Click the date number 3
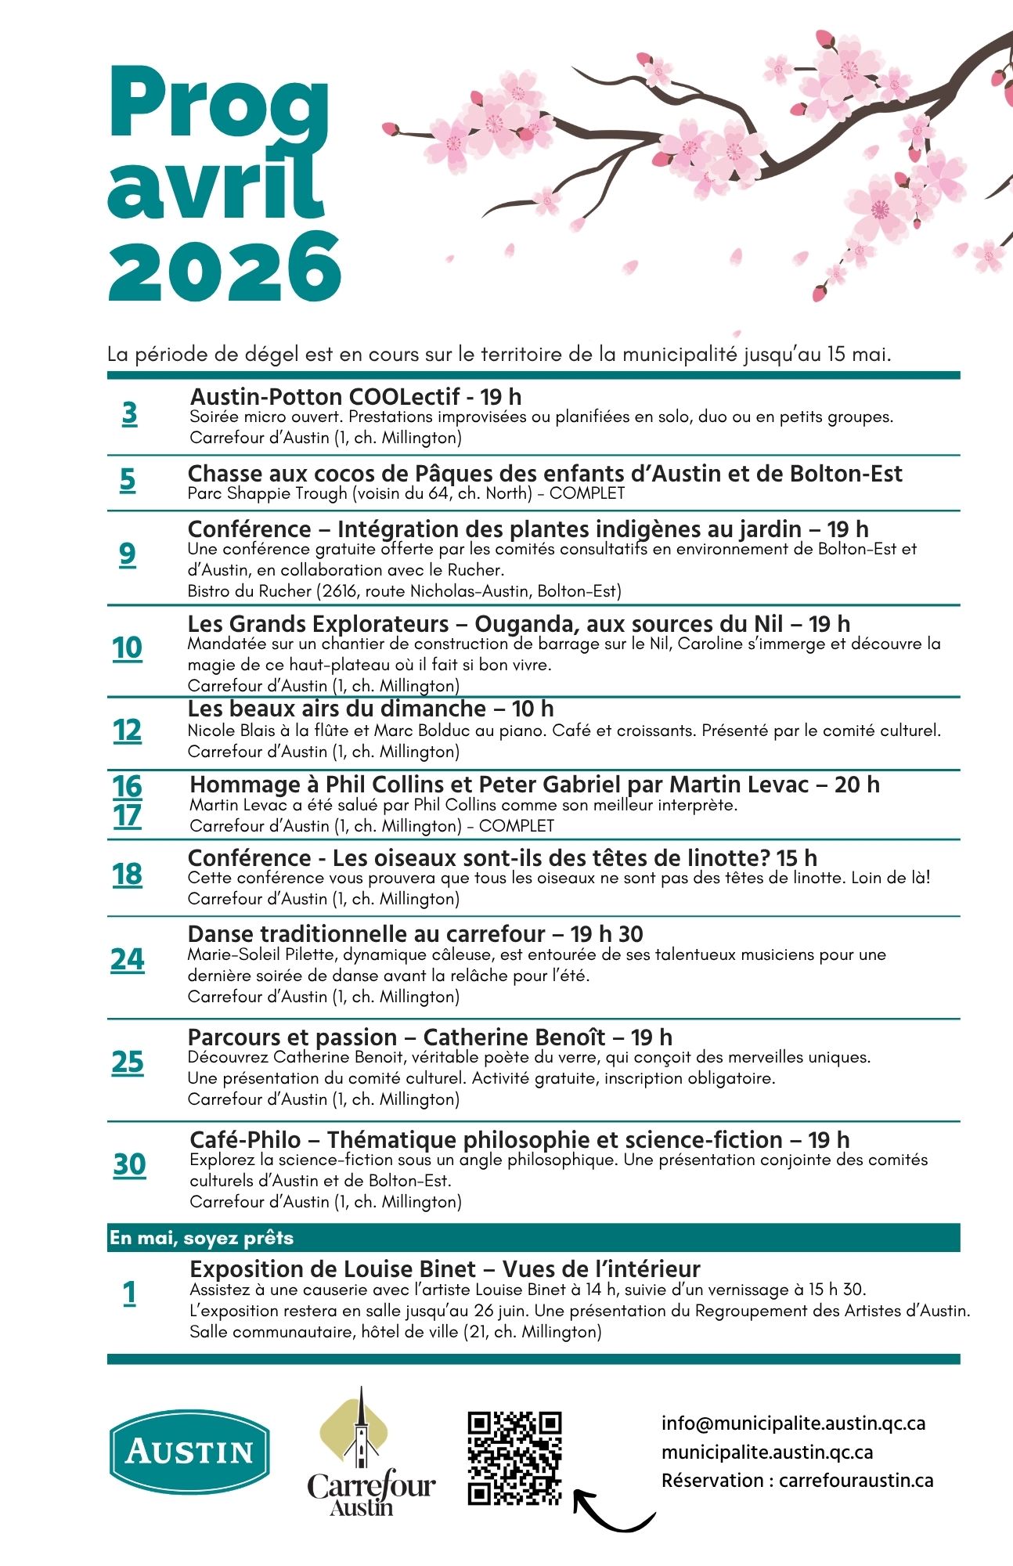[129, 413]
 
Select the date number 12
[127, 731]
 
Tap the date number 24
[128, 959]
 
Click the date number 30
[129, 1164]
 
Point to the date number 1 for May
[129, 1293]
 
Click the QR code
[514, 1458]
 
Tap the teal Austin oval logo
[189, 1452]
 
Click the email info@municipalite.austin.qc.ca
[793, 1423]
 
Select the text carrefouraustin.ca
[856, 1481]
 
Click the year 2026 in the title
[225, 267]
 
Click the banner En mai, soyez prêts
[201, 1238]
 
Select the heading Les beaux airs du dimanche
[337, 709]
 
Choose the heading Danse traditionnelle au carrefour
[366, 934]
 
